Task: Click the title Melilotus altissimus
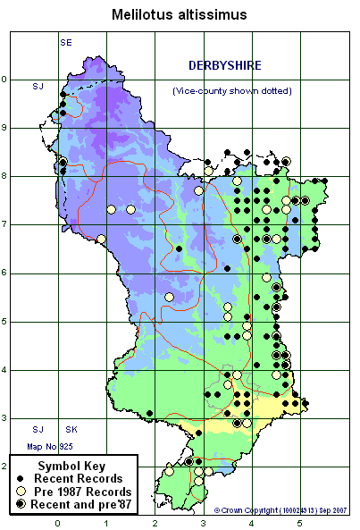pos(179,14)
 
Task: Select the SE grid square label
pos(65,42)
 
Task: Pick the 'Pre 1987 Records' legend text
pos(89,492)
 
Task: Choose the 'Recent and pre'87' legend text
pos(89,505)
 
